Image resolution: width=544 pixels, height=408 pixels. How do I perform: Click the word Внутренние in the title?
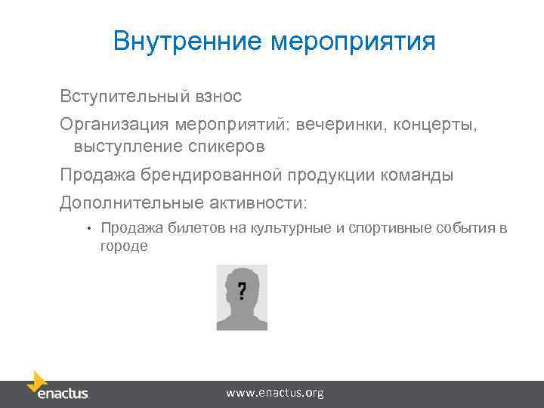tap(188, 41)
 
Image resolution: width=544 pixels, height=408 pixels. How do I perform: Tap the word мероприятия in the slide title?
tap(353, 42)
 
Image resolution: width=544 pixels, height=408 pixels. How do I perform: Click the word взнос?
tap(219, 97)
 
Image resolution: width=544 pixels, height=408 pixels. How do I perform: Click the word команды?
tap(417, 176)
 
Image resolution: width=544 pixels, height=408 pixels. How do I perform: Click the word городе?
tap(124, 246)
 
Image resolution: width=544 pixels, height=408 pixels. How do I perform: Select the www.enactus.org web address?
tap(275, 393)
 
